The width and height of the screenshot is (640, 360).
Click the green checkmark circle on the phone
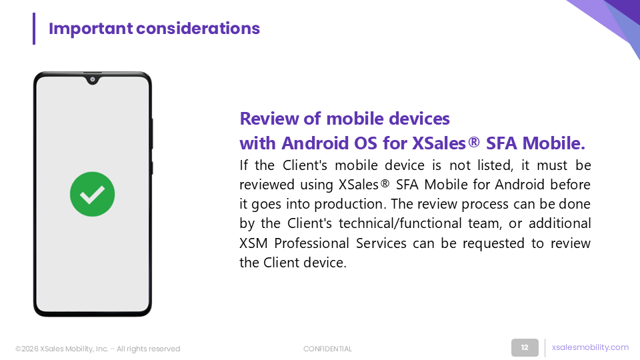click(92, 194)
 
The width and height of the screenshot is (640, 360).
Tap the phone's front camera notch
click(93, 79)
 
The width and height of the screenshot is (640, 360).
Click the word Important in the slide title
click(91, 29)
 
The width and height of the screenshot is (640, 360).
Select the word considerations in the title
click(198, 29)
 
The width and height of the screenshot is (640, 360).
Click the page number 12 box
click(525, 348)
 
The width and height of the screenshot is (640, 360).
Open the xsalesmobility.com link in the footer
click(590, 347)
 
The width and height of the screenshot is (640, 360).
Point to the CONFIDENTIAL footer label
click(327, 349)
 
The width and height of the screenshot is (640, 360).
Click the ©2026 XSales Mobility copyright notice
click(97, 349)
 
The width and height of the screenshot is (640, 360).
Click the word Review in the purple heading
click(270, 119)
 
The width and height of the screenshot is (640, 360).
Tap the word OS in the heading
click(366, 143)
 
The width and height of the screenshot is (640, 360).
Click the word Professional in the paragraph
click(312, 243)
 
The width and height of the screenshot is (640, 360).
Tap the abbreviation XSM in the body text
click(253, 243)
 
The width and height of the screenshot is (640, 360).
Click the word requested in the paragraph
click(493, 244)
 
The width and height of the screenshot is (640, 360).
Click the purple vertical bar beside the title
click(34, 29)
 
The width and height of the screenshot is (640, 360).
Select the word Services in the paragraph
click(381, 243)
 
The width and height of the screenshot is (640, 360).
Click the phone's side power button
click(152, 133)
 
